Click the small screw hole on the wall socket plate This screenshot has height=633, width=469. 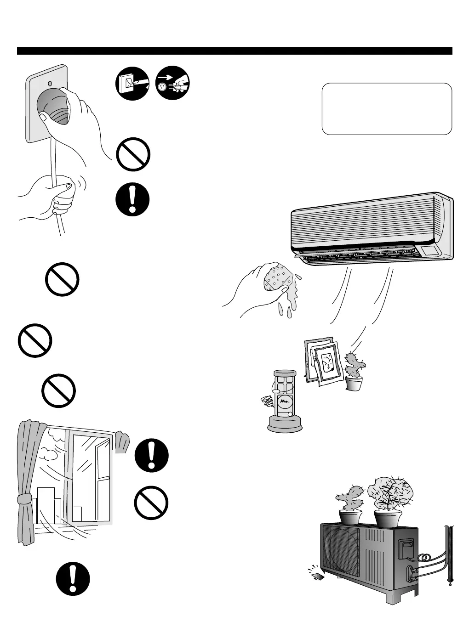point(50,85)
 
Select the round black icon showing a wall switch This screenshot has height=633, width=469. point(132,83)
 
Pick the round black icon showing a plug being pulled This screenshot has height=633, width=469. point(173,83)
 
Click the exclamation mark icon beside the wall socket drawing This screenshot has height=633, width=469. point(132,200)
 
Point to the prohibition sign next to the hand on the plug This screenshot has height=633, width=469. point(133,154)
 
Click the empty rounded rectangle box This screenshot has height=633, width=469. point(387,109)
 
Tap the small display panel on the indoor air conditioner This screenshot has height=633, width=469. point(429,250)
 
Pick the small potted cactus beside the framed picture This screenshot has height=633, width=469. point(355,372)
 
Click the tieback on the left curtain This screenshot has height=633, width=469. point(23,500)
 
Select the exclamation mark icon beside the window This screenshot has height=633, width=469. point(152,456)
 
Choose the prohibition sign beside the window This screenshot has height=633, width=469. point(151,503)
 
